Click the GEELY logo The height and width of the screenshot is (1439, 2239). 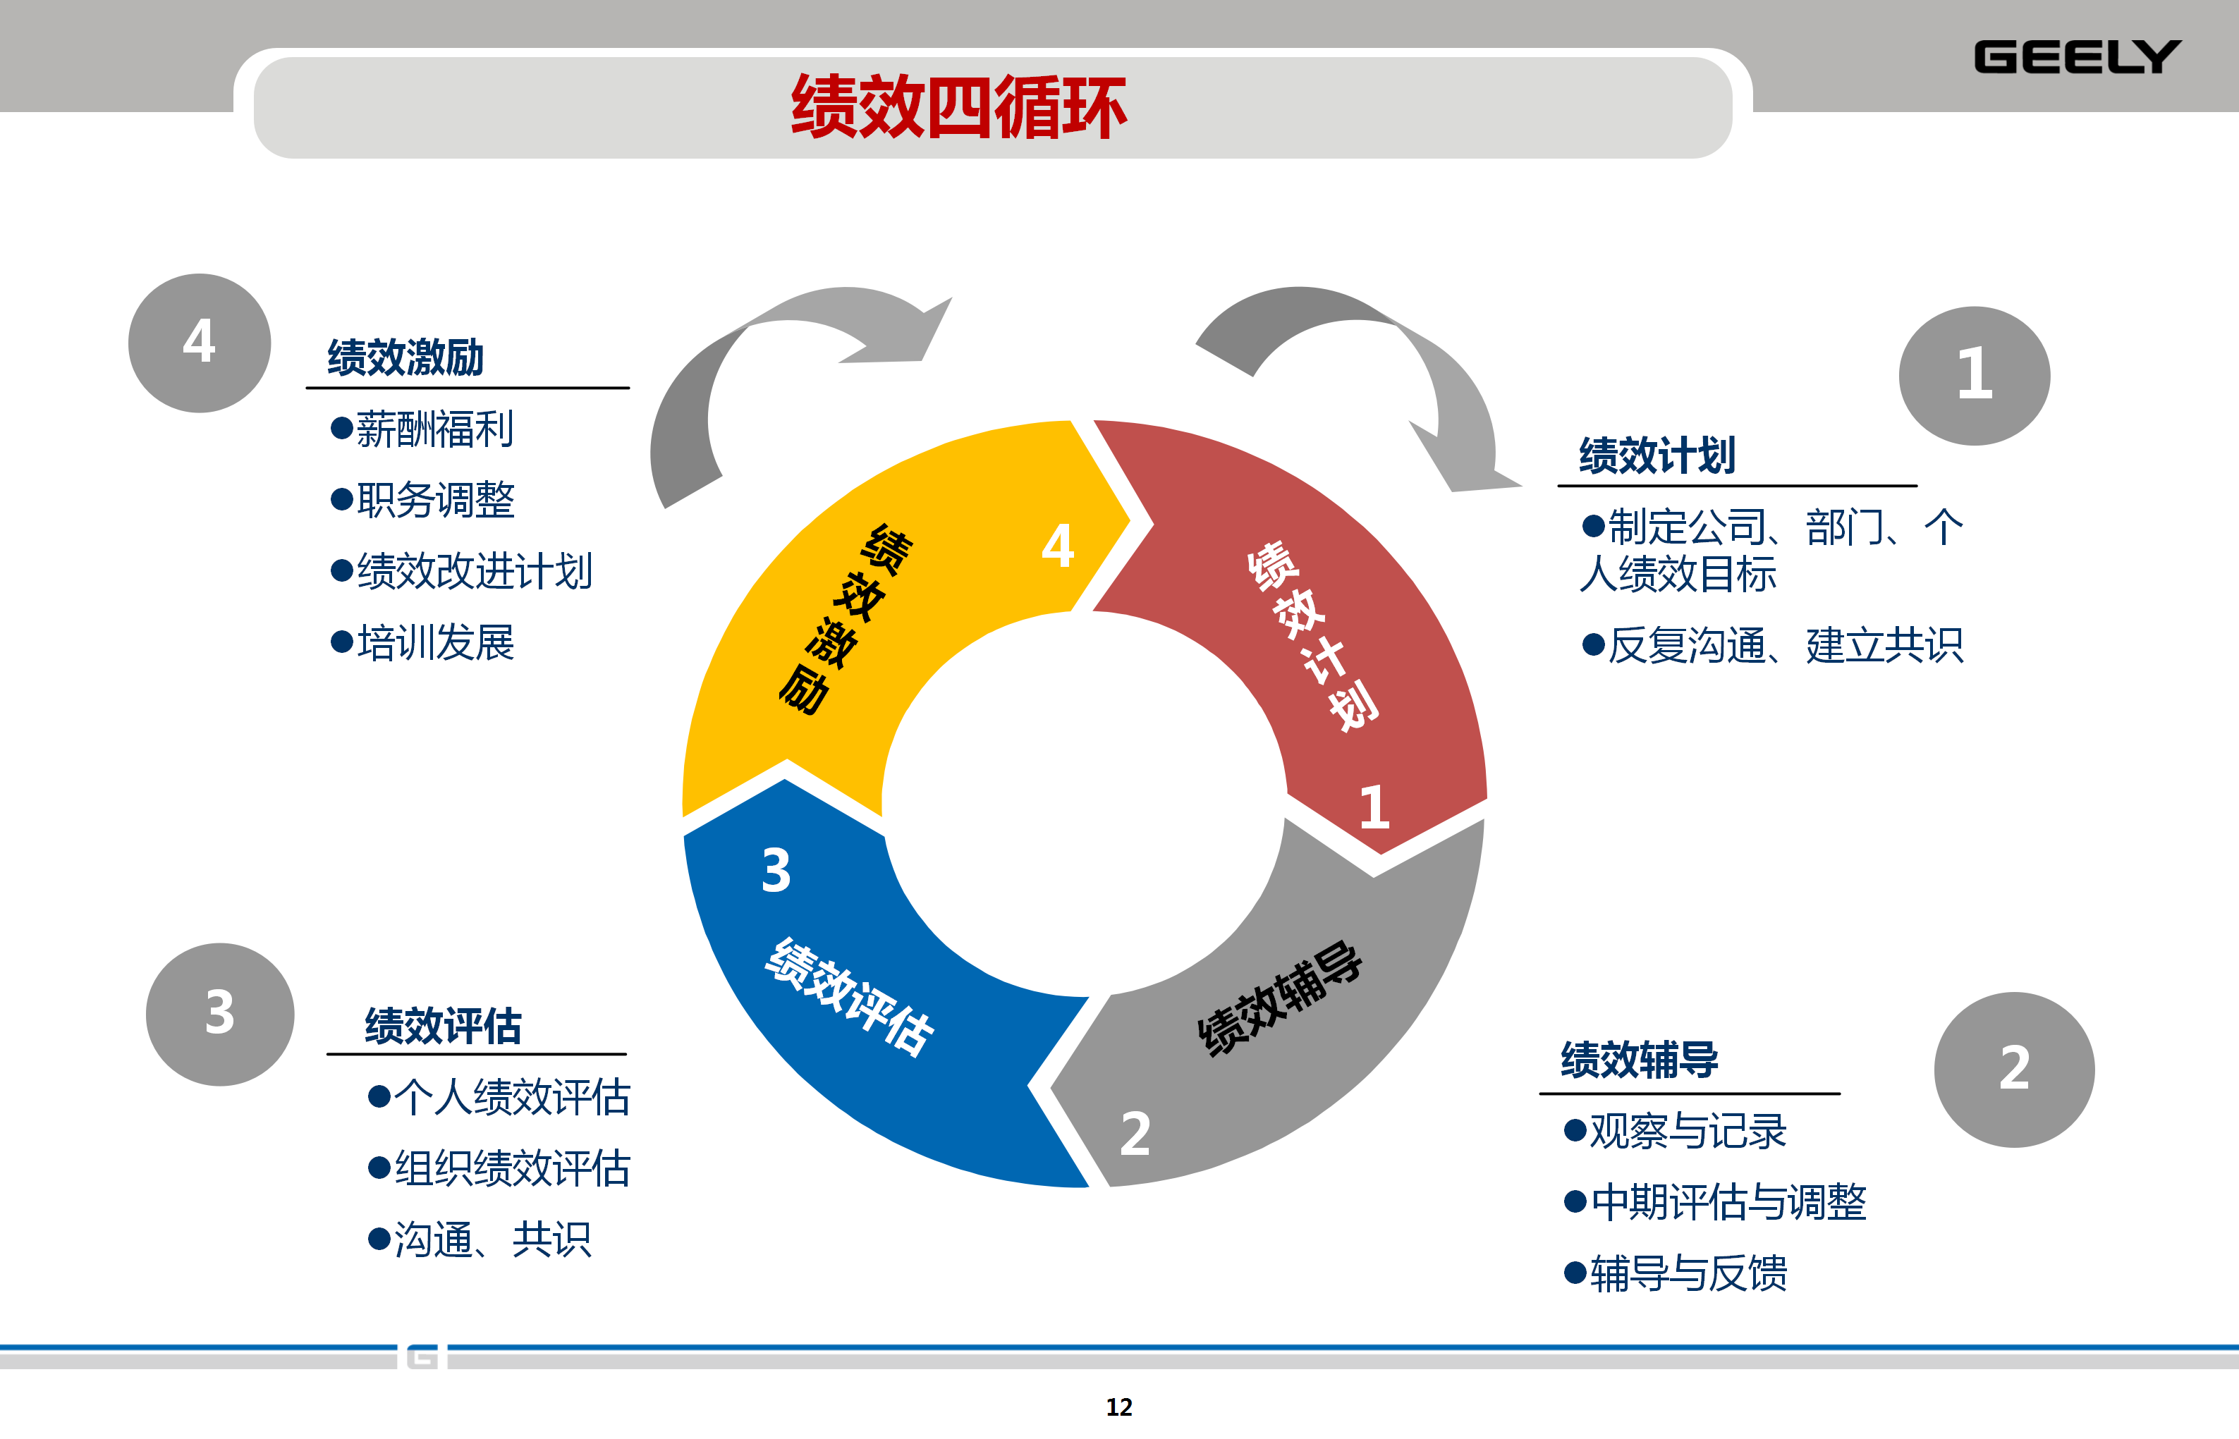point(2076,57)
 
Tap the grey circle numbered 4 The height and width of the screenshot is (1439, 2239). point(199,342)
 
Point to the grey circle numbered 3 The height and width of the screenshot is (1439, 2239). point(219,1013)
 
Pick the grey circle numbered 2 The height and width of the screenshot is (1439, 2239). point(2014,1069)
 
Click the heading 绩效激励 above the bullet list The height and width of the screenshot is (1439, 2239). point(405,358)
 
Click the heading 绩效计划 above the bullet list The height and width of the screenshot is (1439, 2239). point(1657,456)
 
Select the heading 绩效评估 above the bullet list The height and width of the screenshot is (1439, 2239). point(443,1026)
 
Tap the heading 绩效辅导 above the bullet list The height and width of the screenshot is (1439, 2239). point(1639,1060)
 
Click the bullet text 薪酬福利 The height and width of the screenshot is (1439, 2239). point(434,430)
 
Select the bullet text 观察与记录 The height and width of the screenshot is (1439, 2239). point(1688,1132)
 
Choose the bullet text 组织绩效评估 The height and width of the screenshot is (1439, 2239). point(512,1168)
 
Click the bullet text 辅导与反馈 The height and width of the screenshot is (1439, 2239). point(1688,1273)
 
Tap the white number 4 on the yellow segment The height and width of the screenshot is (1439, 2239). point(1058,546)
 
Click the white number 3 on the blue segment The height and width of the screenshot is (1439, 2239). point(776,871)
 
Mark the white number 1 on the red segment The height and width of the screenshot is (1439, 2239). point(1374,807)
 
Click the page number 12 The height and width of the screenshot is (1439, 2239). point(1118,1407)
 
